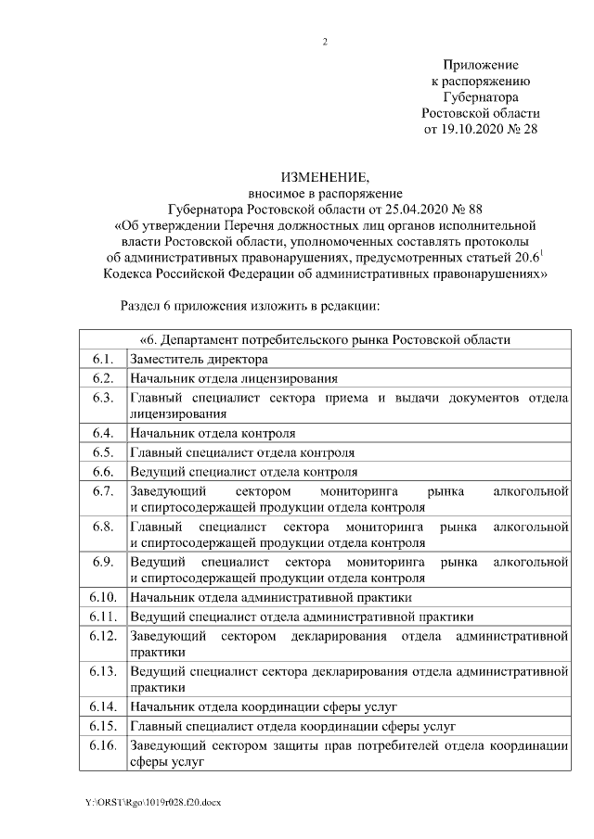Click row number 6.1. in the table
tap(102, 359)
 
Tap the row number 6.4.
tap(102, 433)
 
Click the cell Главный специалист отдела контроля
tap(242, 452)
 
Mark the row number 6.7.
tap(102, 490)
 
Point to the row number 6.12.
tap(102, 635)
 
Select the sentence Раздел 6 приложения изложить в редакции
tap(252, 305)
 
